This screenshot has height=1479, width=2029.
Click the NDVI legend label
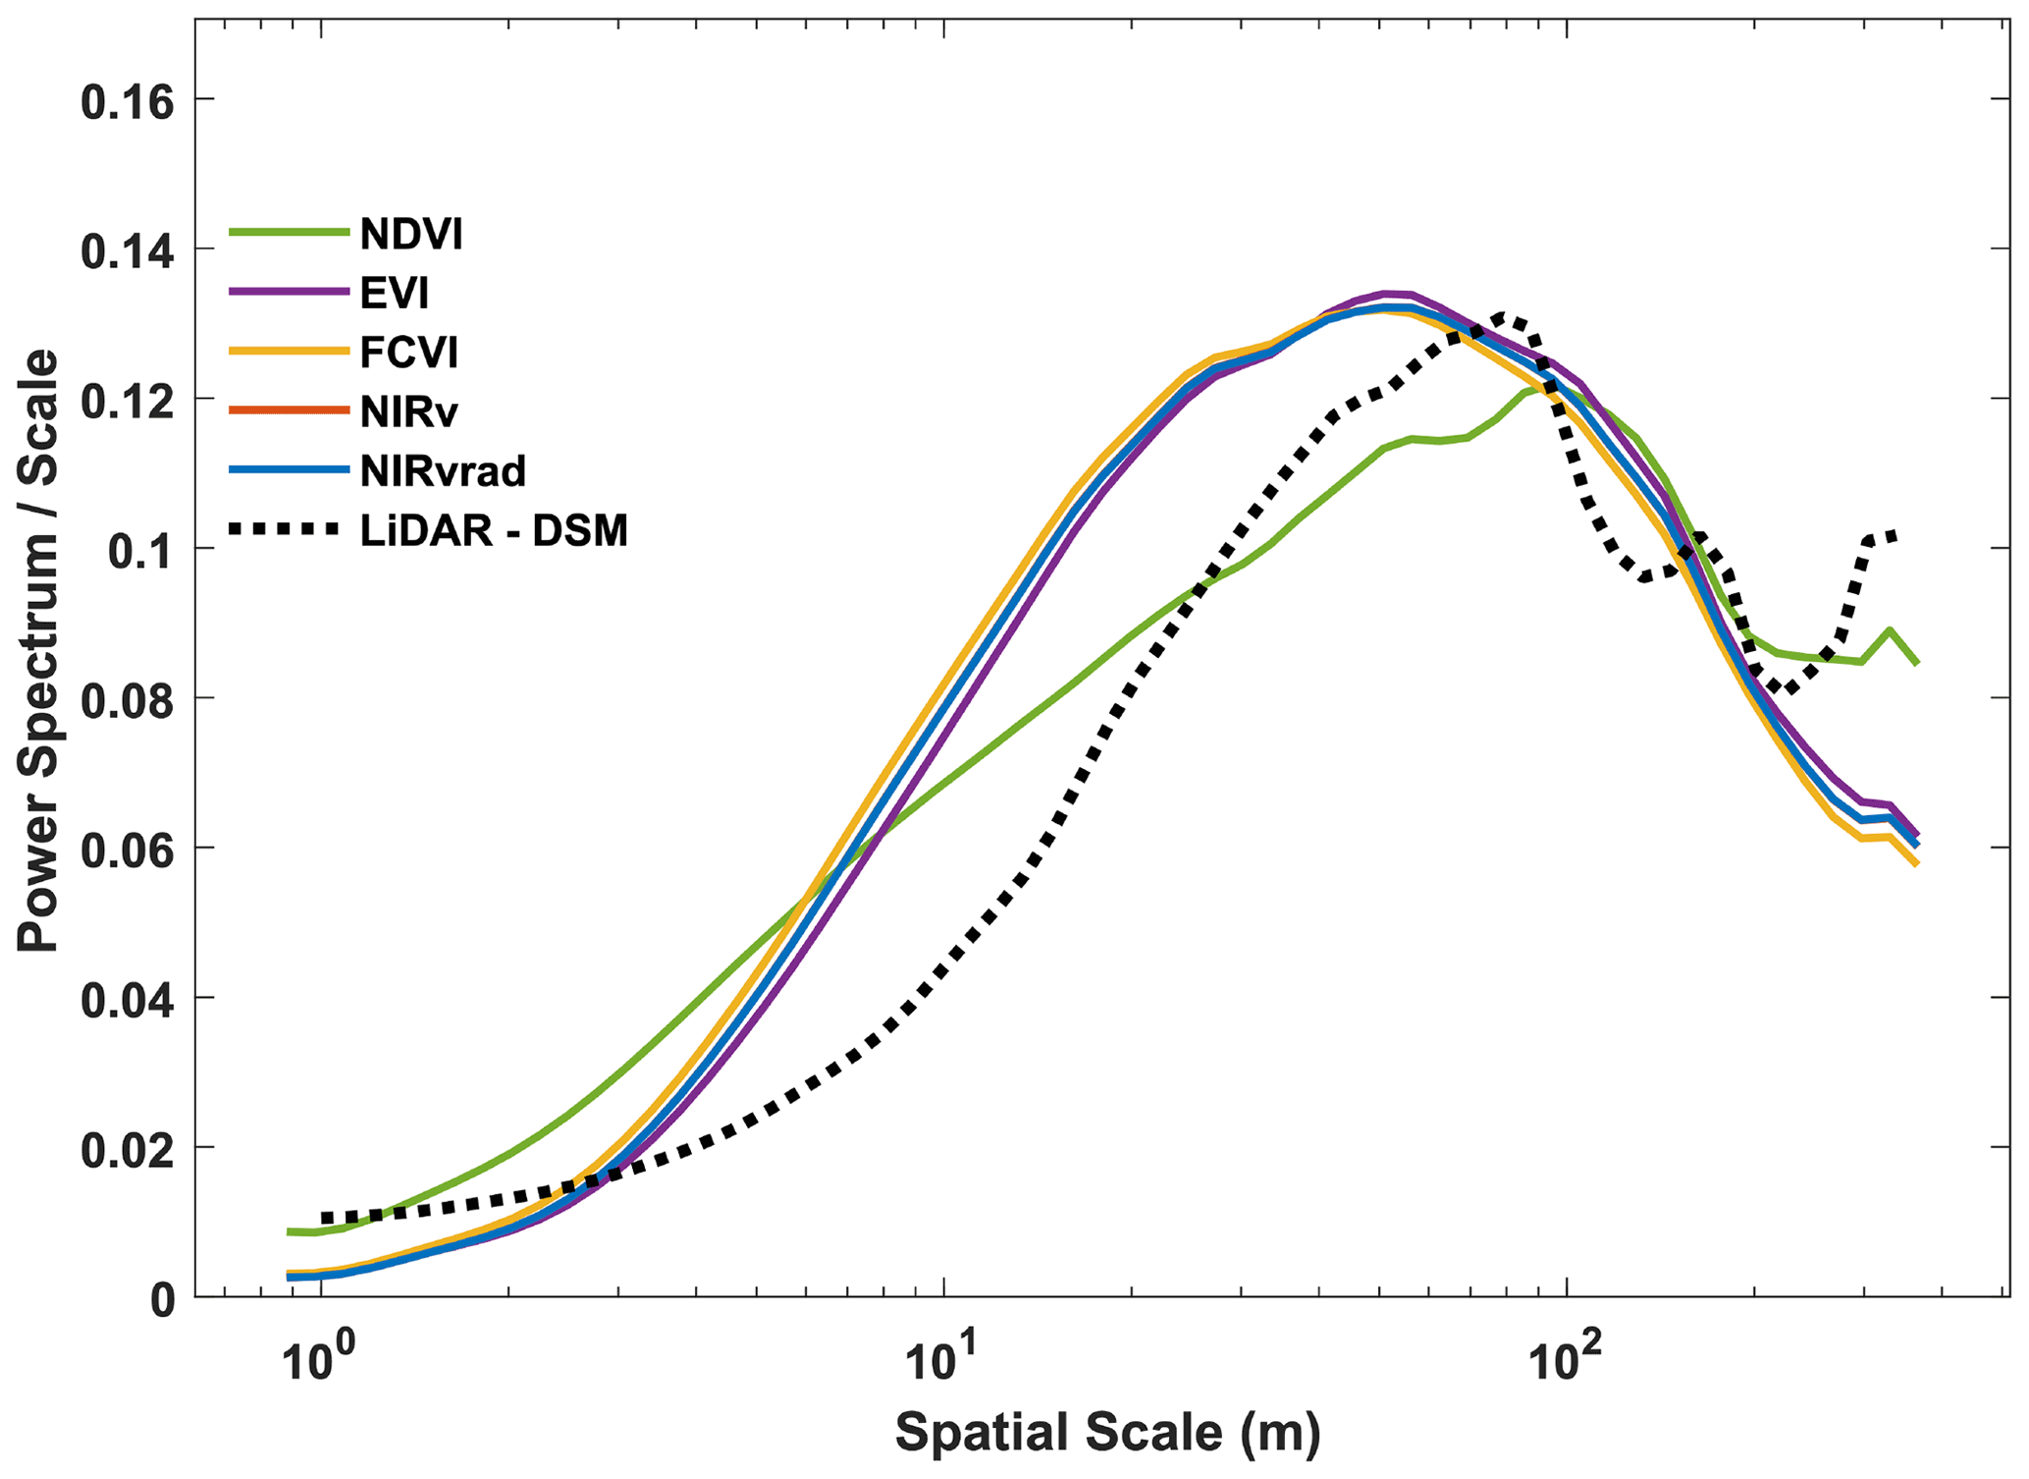[410, 234]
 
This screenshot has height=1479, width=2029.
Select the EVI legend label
[395, 293]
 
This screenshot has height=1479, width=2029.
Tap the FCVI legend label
[408, 352]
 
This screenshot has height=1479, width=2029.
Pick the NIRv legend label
[408, 411]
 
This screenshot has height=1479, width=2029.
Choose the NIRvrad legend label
[443, 471]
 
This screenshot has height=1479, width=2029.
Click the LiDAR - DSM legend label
[494, 531]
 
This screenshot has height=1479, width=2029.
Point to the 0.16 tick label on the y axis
[128, 102]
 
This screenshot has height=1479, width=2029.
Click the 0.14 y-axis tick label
[128, 252]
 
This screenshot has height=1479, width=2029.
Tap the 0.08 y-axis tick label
[128, 701]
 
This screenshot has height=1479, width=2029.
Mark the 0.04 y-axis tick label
[128, 1001]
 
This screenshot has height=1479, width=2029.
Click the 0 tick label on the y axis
[163, 1300]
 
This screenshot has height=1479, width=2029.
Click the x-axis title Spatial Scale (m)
[1107, 1433]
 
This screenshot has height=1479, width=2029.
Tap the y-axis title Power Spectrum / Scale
[39, 652]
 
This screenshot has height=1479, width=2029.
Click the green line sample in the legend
[289, 233]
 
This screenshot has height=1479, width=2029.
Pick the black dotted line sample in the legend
[289, 529]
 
